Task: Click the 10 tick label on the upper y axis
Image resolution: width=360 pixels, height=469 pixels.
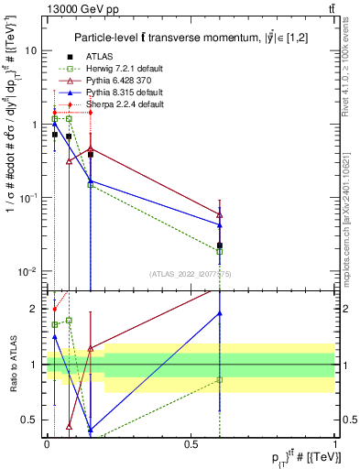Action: pyautogui.click(x=31, y=51)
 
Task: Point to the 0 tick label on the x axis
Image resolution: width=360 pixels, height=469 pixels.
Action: pyautogui.click(x=47, y=443)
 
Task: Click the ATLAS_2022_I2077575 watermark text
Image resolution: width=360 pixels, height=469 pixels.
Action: pyautogui.click(x=190, y=274)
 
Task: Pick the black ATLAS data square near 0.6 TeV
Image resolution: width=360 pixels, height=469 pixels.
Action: pyautogui.click(x=220, y=245)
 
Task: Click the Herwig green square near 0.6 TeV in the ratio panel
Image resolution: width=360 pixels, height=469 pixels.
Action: pyautogui.click(x=220, y=379)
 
